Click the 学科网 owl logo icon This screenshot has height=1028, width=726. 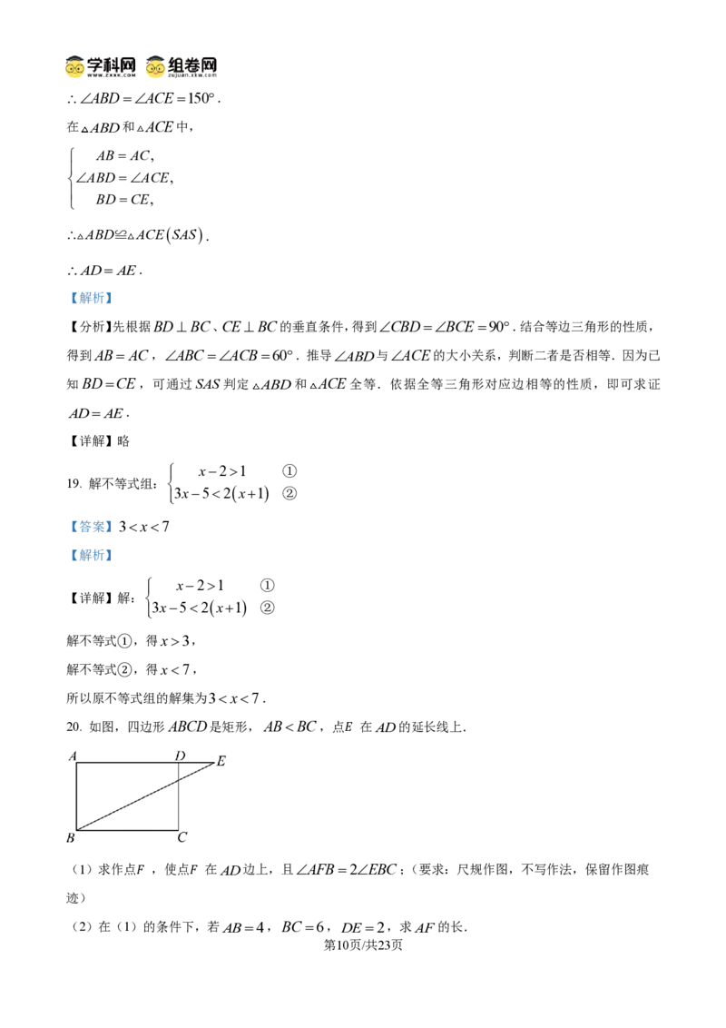tap(74, 67)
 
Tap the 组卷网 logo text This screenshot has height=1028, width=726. tap(192, 64)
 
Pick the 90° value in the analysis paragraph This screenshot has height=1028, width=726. tap(499, 327)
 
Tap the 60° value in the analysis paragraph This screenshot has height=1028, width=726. tap(282, 355)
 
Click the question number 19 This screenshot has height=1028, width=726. tap(74, 484)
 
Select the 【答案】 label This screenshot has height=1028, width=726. tap(91, 527)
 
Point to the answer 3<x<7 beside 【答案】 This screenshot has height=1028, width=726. tap(144, 527)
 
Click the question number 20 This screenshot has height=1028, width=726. tap(74, 727)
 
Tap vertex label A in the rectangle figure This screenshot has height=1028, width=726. tap(73, 756)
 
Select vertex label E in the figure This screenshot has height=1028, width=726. tap(221, 761)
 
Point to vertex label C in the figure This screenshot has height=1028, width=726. tap(182, 837)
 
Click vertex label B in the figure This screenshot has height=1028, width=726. tap(71, 838)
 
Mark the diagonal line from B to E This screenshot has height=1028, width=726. tap(145, 796)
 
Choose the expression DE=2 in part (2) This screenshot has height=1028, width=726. tap(363, 928)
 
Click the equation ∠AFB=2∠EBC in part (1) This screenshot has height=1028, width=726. tap(346, 870)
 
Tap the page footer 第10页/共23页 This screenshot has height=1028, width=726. tap(363, 944)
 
